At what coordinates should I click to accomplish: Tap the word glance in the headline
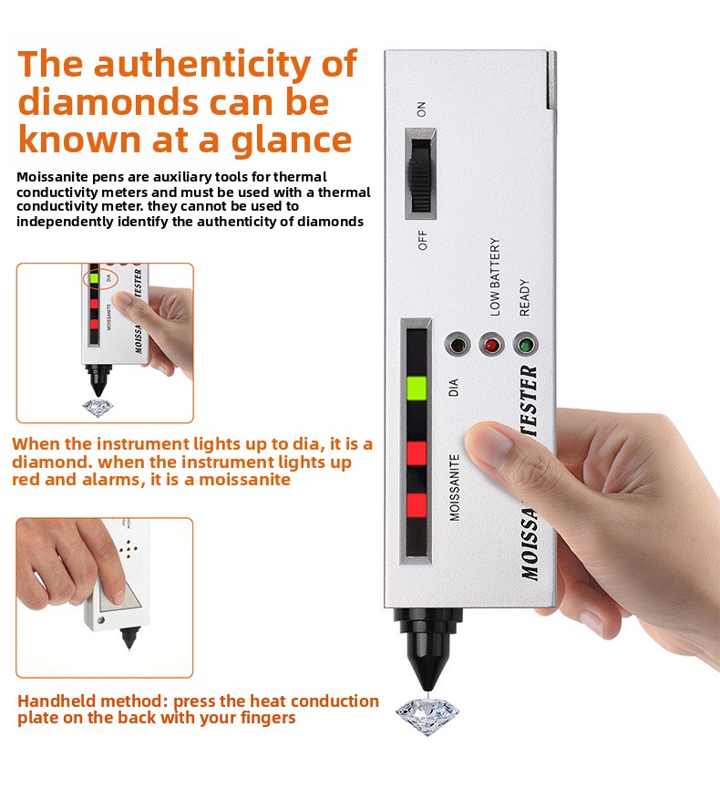pyautogui.click(x=291, y=140)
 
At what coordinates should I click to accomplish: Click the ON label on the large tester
pyautogui.click(x=421, y=109)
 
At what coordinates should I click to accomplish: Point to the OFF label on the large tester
pyautogui.click(x=422, y=240)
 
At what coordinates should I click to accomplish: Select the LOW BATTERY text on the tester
pyautogui.click(x=495, y=276)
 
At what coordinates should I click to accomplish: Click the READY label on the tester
pyautogui.click(x=524, y=298)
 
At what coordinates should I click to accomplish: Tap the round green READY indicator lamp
pyautogui.click(x=526, y=345)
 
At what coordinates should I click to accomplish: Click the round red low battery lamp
pyautogui.click(x=491, y=345)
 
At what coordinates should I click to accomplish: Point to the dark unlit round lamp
pyautogui.click(x=457, y=345)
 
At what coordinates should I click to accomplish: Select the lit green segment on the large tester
pyautogui.click(x=417, y=389)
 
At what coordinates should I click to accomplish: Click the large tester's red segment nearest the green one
pyautogui.click(x=417, y=453)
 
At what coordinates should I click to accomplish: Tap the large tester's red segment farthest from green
pyautogui.click(x=417, y=505)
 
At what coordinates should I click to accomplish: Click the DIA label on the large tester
pyautogui.click(x=454, y=388)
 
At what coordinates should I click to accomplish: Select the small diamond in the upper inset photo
pyautogui.click(x=98, y=408)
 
